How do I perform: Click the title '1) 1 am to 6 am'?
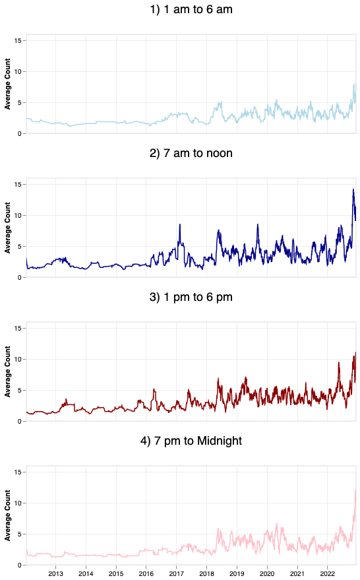(191, 11)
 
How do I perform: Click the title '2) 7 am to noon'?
(191, 154)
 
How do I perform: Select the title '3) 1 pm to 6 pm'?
(191, 297)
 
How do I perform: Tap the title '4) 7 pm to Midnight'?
(191, 440)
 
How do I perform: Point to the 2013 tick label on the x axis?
(55, 573)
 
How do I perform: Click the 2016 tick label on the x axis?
(146, 573)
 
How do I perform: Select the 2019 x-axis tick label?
(237, 573)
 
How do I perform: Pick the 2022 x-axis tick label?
(328, 573)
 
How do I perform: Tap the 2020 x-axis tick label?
(268, 573)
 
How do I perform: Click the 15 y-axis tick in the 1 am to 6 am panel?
(19, 41)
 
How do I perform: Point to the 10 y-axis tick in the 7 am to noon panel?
(19, 215)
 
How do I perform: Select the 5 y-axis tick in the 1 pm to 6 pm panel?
(21, 390)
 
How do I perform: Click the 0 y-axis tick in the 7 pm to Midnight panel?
(21, 565)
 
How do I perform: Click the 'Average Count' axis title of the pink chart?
(8, 517)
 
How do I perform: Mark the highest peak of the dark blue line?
(353, 189)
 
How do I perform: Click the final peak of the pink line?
(356, 490)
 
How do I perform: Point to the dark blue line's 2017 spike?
(179, 224)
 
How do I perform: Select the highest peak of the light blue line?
(355, 84)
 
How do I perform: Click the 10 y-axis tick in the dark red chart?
(19, 359)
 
